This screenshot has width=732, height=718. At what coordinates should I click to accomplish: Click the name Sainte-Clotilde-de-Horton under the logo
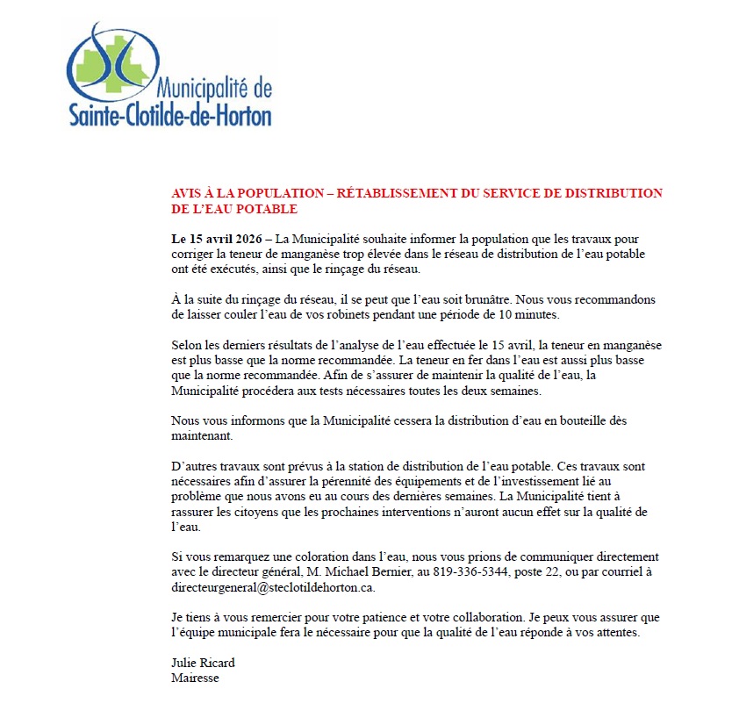[x=170, y=115]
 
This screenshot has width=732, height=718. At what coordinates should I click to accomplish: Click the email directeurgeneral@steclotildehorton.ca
[x=273, y=587]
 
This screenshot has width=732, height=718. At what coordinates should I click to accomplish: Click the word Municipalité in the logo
[x=203, y=89]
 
